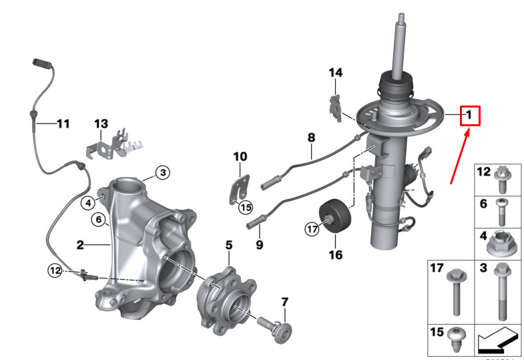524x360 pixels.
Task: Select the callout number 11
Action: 62,124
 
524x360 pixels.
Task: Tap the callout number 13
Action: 101,124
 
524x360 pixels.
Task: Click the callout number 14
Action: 334,73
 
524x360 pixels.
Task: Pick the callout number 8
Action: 310,138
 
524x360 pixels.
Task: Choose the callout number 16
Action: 334,255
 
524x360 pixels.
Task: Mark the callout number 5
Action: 228,246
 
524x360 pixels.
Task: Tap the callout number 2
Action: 79,245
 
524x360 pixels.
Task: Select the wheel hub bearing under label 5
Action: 224,300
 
